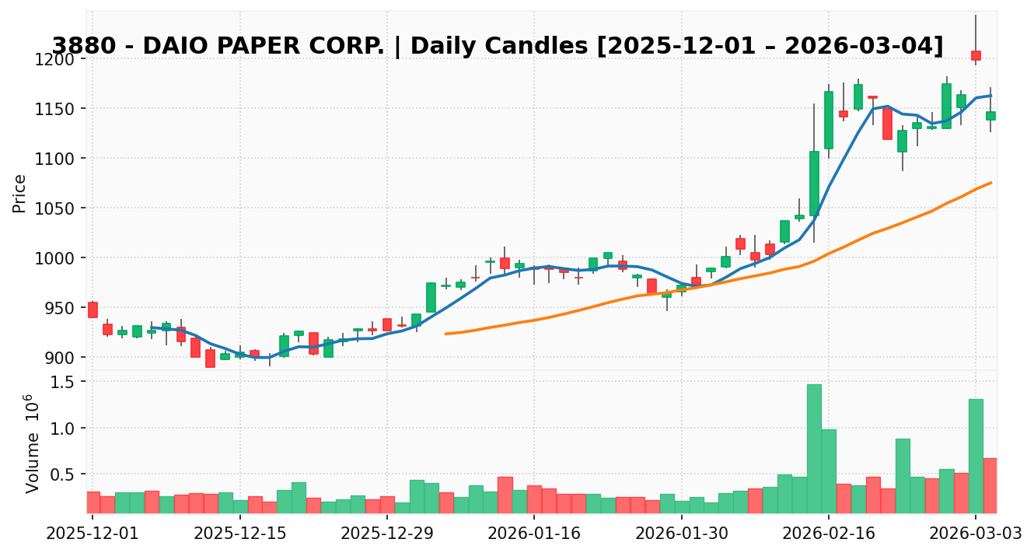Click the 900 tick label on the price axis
[x=62, y=358]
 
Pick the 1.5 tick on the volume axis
[x=66, y=382]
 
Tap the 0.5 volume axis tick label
[x=66, y=474]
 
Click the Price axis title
[x=20, y=193]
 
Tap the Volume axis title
[x=31, y=443]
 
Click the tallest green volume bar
[x=814, y=449]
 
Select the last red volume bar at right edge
[x=990, y=485]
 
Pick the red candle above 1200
[x=976, y=56]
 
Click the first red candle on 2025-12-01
[x=93, y=310]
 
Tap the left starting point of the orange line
[x=445, y=334]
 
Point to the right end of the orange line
[x=991, y=183]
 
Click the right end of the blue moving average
[x=990, y=96]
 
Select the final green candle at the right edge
[x=990, y=116]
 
